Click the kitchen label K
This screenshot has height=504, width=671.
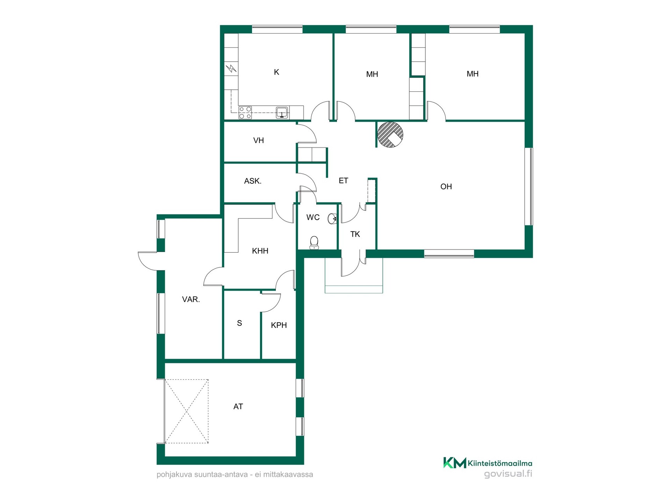tap(276, 72)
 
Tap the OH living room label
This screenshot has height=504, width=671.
tap(446, 187)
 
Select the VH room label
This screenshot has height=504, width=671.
tap(258, 140)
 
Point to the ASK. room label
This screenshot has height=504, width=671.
tap(253, 181)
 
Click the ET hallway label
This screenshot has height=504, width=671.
tap(343, 181)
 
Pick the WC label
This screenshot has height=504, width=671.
tap(313, 217)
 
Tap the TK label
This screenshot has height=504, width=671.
tap(355, 234)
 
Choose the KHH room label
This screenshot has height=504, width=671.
tap(260, 251)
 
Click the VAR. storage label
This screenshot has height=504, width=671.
tap(191, 299)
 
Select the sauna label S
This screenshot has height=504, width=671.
tap(239, 323)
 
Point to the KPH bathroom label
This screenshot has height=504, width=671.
tap(279, 325)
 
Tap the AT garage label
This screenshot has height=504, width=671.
tap(238, 406)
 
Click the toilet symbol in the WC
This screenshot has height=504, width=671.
tap(314, 243)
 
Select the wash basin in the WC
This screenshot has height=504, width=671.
tap(332, 219)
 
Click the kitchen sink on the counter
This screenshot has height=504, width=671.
tap(282, 112)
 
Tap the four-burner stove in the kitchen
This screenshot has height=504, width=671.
tap(245, 113)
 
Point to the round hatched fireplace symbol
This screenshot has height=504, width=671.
tap(390, 135)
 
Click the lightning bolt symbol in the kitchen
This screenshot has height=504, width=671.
tap(231, 69)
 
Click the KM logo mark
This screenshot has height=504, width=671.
tap(455, 463)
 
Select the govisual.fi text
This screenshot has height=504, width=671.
tap(508, 474)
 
